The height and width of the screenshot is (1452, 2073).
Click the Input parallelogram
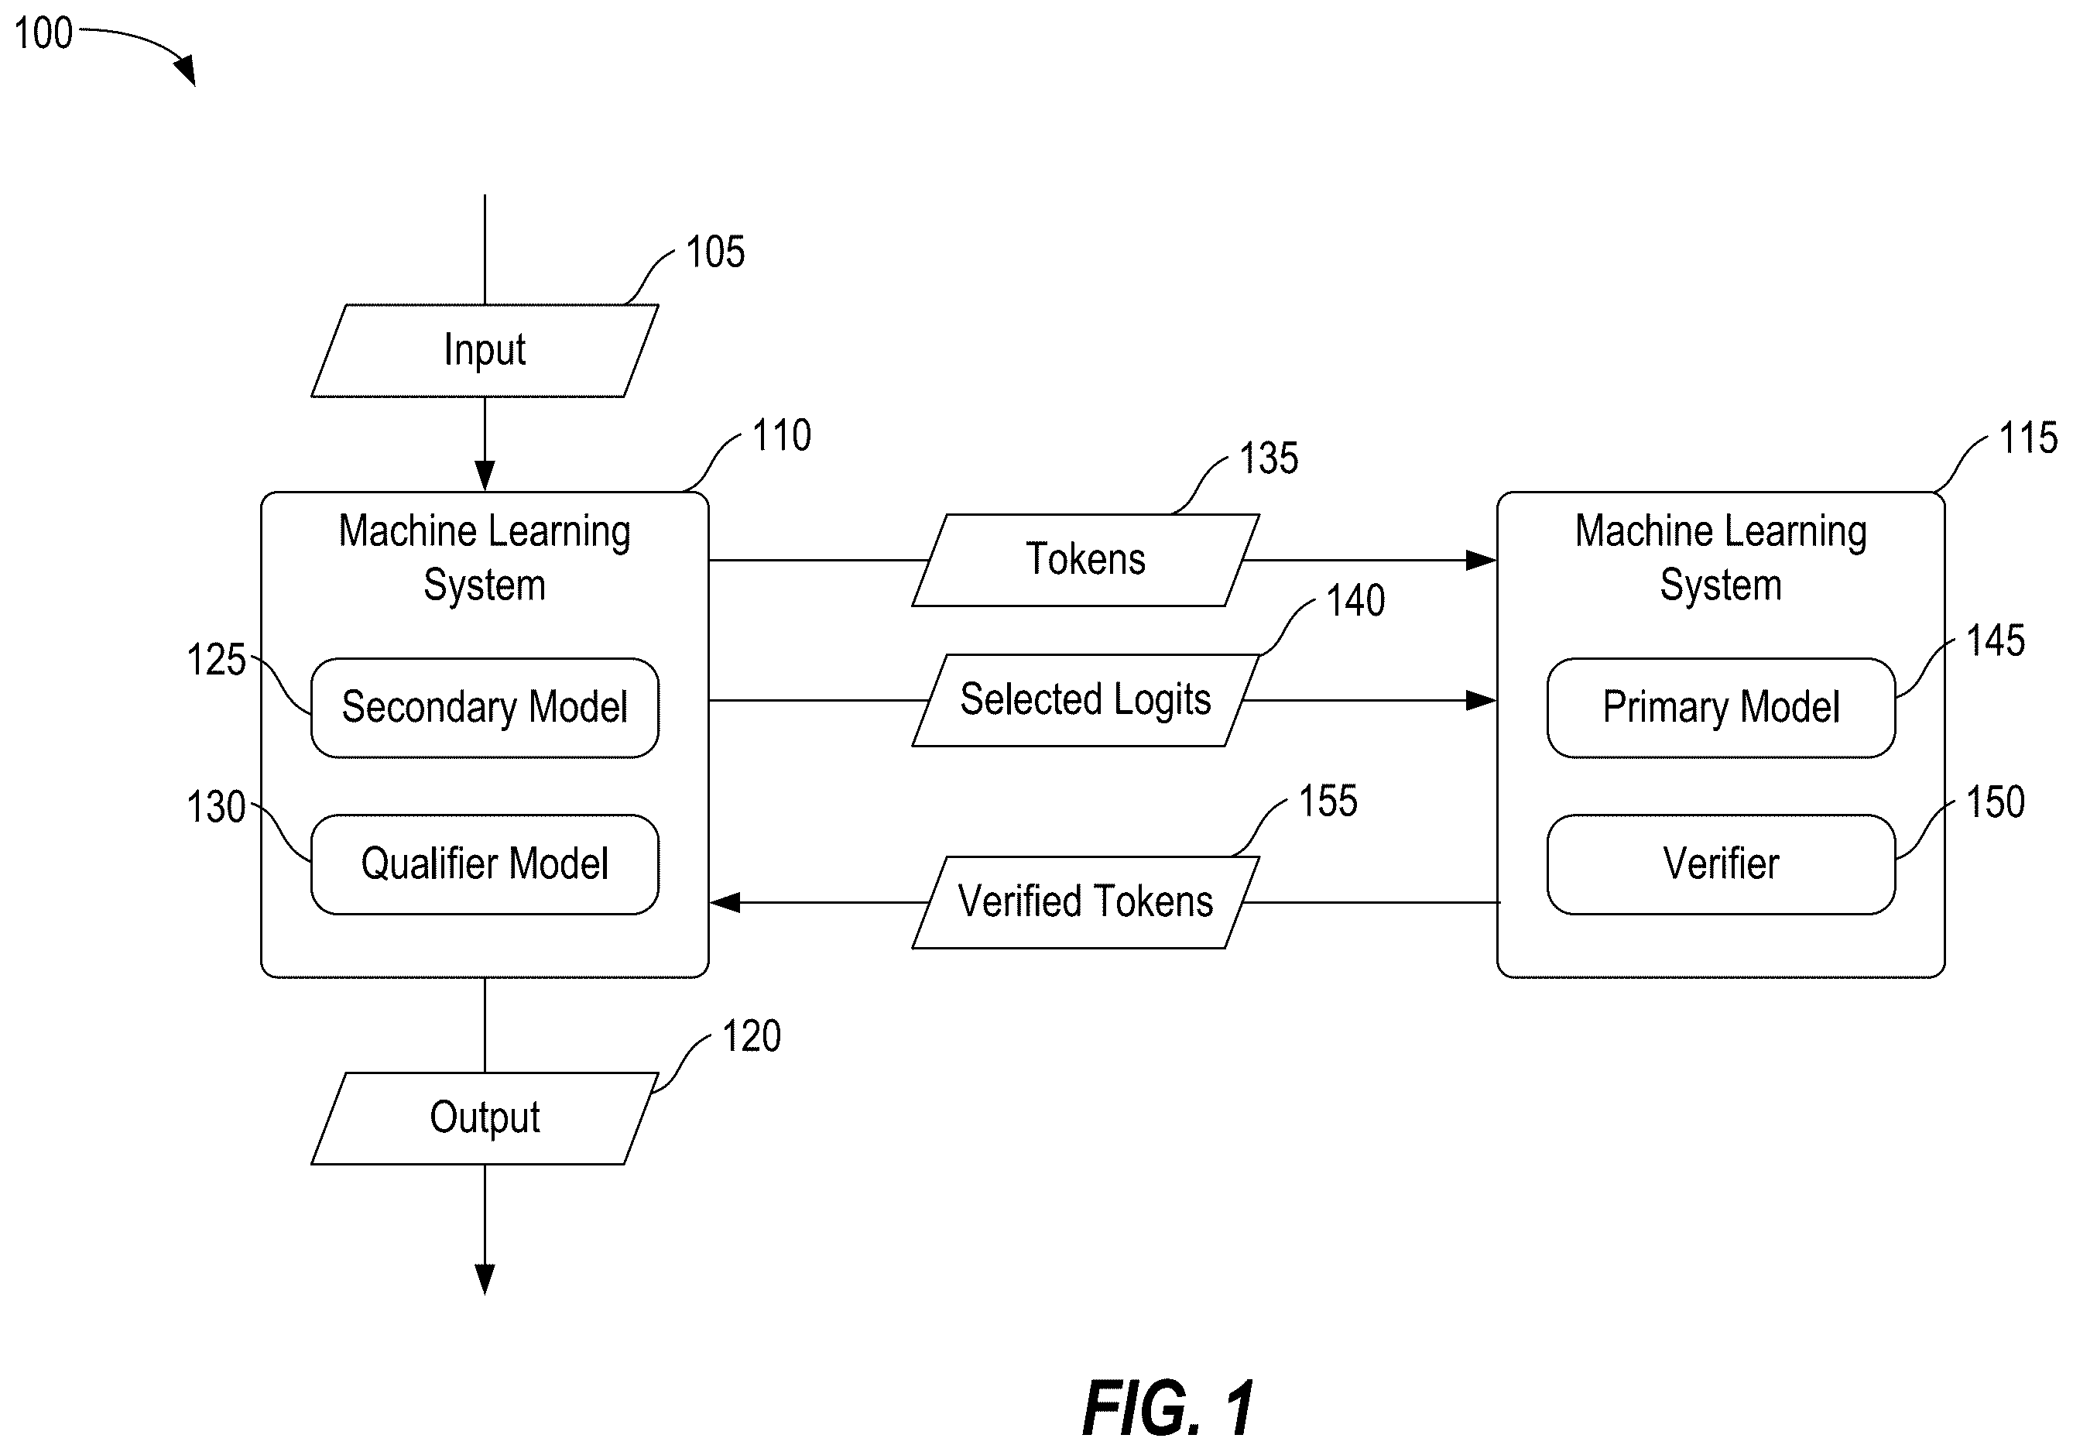485,350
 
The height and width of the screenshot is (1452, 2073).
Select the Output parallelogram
485,1118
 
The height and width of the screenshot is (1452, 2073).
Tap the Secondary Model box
485,707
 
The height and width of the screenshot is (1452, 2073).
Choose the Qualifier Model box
485,864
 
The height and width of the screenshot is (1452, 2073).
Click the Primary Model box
1721,707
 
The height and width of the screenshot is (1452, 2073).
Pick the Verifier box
1721,864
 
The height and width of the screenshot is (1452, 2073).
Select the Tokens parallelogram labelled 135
1085,560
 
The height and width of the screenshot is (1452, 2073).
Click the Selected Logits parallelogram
1085,700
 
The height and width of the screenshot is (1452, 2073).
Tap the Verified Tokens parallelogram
1085,902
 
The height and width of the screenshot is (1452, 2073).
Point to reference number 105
715,252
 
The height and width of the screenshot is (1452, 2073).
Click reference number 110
782,435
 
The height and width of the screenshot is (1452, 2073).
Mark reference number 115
2028,438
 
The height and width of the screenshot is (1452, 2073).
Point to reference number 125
216,660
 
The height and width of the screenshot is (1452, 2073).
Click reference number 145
1996,640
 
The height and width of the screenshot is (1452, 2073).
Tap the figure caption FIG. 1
1168,1408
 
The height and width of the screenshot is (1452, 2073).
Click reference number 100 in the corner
43,33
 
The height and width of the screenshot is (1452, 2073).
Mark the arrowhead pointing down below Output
485,1279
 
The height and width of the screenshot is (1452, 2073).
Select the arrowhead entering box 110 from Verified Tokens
726,902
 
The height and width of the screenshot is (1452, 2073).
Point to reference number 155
1328,801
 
